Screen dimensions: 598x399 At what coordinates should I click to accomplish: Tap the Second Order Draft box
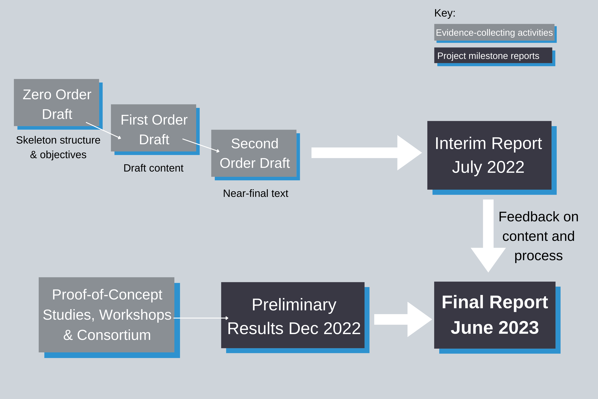(254, 153)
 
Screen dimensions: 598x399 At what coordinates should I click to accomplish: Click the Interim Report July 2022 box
(489, 155)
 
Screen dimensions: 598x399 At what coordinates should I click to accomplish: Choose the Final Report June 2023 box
(495, 315)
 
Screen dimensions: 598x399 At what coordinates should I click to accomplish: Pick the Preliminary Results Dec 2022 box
(293, 315)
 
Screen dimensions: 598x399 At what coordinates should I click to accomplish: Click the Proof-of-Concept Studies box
(107, 315)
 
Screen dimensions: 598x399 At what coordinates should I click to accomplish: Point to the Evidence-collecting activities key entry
(494, 32)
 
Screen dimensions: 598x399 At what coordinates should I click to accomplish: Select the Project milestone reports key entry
(493, 55)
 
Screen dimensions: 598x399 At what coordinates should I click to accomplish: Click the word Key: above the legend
(445, 13)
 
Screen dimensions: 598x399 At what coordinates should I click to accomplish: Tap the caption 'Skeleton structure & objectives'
(58, 147)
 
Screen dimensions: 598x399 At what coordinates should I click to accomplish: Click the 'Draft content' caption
(153, 168)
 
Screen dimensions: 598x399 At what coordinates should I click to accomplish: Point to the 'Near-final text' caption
(256, 193)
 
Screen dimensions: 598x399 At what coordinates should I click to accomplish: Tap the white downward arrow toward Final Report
(488, 236)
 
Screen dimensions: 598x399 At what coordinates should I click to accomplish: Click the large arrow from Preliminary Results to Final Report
(403, 319)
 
